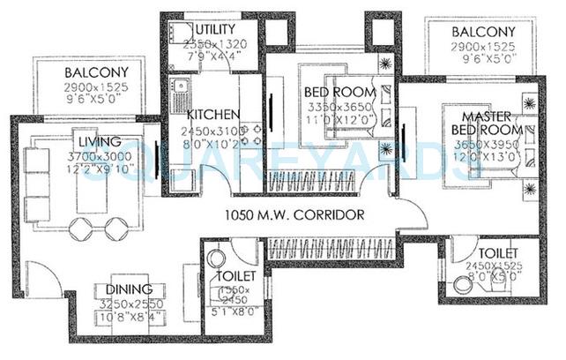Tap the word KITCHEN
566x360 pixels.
[x=212, y=115]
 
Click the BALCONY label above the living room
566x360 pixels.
[x=97, y=72]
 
